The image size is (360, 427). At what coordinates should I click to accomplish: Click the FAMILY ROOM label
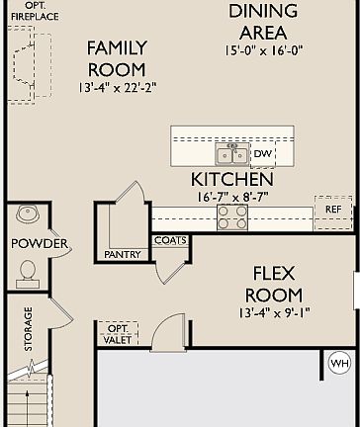(x=117, y=58)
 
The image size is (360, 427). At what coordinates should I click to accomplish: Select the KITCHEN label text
(x=232, y=180)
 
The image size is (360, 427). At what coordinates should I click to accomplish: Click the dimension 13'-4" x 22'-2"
(x=117, y=88)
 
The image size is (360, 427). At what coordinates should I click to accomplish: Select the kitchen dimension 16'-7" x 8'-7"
(x=232, y=197)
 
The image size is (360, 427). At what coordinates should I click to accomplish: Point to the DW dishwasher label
(x=262, y=154)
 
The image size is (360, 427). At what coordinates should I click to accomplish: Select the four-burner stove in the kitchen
(x=234, y=216)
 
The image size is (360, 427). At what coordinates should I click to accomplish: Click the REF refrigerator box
(x=332, y=211)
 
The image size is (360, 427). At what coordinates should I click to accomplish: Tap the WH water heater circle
(x=339, y=364)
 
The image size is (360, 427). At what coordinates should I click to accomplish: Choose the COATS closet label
(x=169, y=240)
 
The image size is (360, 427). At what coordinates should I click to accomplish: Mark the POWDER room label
(x=40, y=243)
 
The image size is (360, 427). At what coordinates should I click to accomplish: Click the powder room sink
(x=26, y=214)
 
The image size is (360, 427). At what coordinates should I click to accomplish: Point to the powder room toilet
(x=27, y=271)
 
